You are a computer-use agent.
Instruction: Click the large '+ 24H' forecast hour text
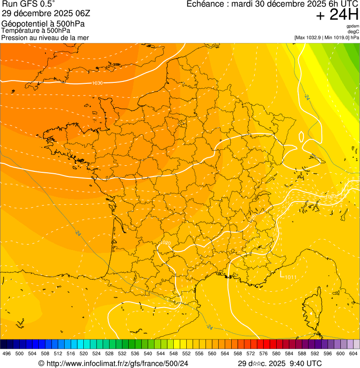click(337, 15)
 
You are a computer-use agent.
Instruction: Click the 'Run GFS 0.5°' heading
click(28, 4)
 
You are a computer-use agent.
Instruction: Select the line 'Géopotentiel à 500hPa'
click(43, 24)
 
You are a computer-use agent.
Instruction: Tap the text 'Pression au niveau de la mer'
click(45, 37)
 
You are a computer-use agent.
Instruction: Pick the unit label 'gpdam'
click(353, 26)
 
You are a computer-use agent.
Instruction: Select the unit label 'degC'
click(353, 31)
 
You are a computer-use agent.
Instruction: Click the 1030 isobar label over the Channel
click(97, 83)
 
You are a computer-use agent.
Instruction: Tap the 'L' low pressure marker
click(282, 275)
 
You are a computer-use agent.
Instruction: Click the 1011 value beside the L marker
click(291, 278)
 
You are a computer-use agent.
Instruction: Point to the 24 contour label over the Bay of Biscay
click(77, 233)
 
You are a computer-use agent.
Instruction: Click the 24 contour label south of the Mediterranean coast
click(209, 327)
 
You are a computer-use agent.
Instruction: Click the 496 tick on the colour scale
click(7, 353)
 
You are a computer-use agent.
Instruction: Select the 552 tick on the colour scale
click(186, 353)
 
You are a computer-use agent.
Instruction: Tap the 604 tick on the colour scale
click(353, 353)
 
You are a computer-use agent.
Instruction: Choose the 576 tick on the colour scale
click(263, 353)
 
